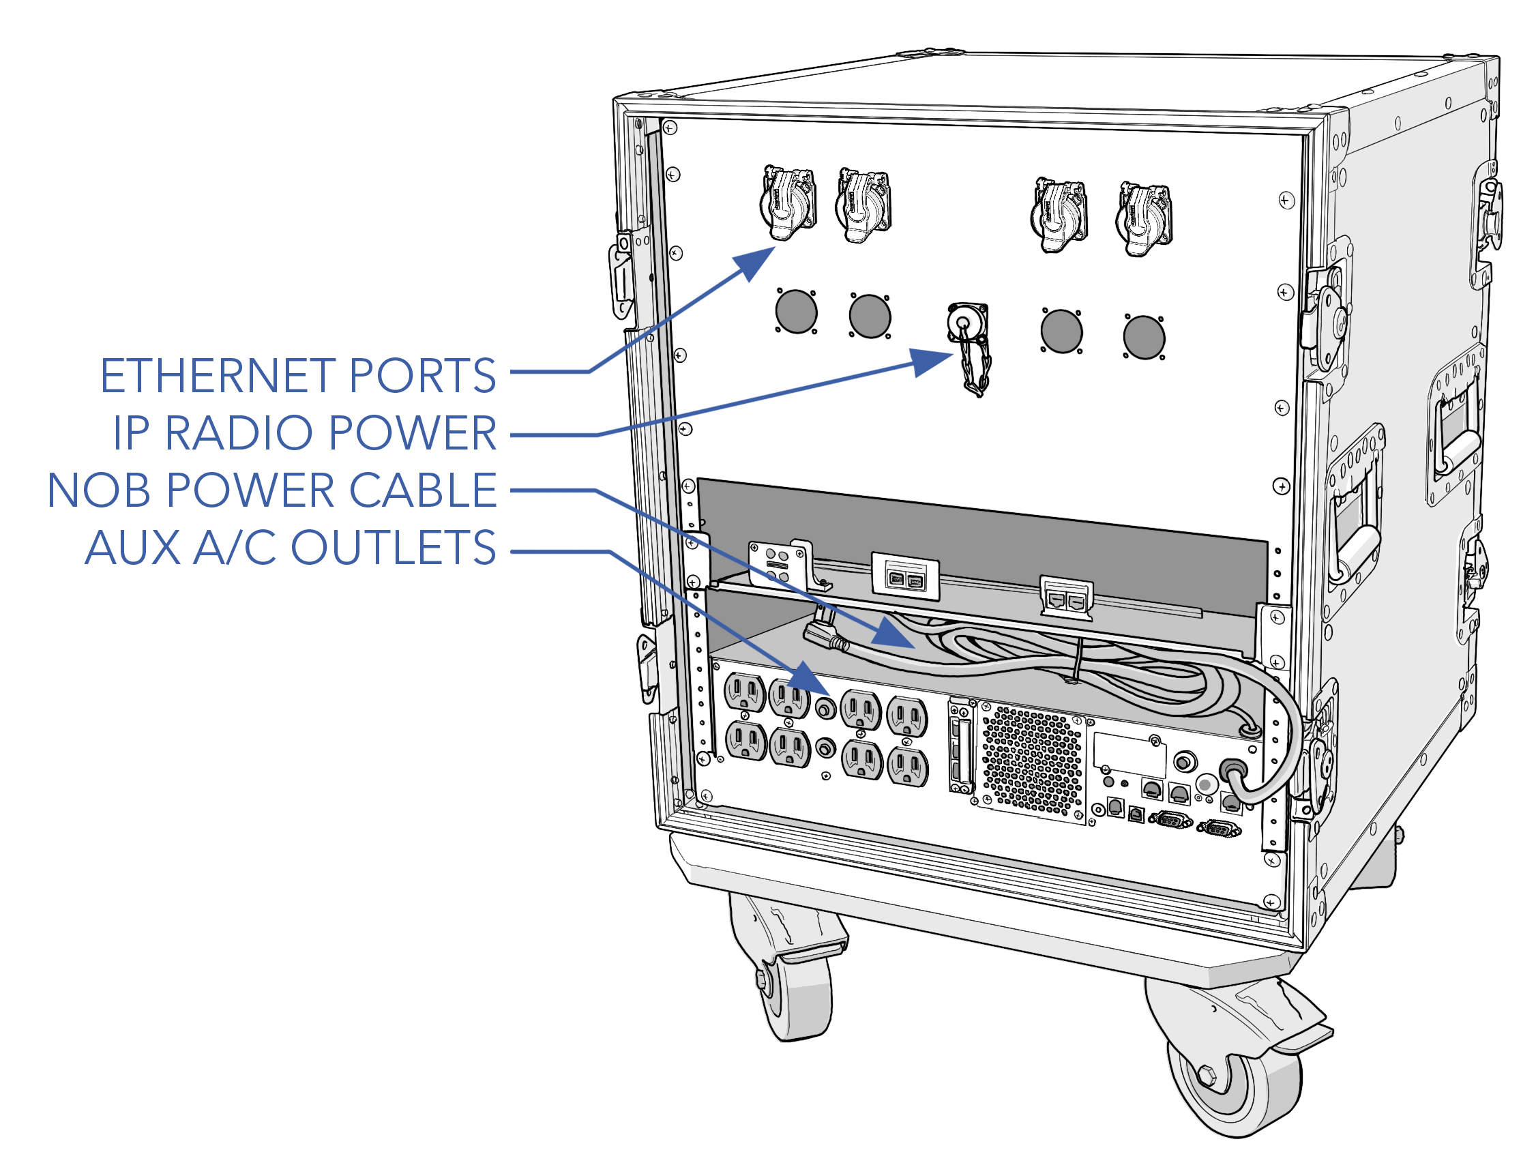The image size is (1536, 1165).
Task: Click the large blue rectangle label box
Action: [x=273, y=461]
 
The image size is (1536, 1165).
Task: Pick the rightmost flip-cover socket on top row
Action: [x=1144, y=219]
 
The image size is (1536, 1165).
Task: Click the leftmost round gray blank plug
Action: [x=796, y=312]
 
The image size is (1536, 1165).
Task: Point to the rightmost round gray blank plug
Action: [x=1144, y=338]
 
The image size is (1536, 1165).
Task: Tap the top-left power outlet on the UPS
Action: [x=744, y=693]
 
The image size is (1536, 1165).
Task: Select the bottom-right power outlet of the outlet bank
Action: [x=907, y=767]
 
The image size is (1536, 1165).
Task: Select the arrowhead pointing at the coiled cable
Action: [x=893, y=634]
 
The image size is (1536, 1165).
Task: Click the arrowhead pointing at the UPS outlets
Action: [x=810, y=679]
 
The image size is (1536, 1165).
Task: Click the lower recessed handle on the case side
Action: [x=1353, y=528]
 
